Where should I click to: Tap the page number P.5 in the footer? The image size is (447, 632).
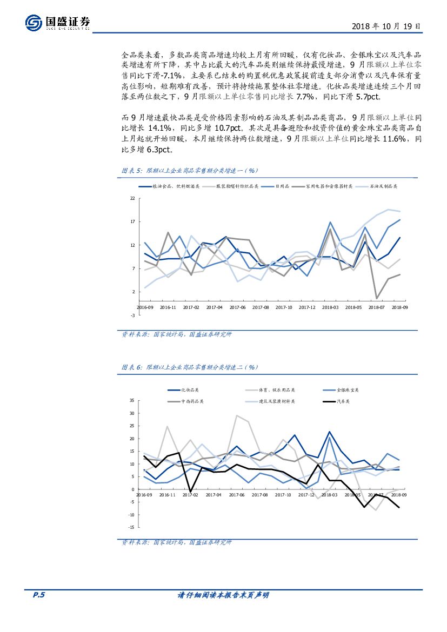point(38,595)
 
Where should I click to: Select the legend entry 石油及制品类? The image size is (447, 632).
point(384,186)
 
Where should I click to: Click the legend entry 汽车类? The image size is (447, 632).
point(343,401)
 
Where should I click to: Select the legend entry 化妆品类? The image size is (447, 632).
point(190,390)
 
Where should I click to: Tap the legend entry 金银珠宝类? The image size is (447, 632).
point(348,390)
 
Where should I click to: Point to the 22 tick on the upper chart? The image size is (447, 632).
point(132,198)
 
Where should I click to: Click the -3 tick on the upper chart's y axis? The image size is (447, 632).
point(132,315)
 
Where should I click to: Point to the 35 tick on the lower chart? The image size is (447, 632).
point(132,401)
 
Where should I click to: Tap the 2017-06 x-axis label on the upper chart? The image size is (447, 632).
point(237,307)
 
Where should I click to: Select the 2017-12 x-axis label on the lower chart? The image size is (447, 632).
point(306,494)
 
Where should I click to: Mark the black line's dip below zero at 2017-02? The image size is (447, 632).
point(190,492)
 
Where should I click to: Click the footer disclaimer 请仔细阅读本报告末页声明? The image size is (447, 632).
point(223,595)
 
